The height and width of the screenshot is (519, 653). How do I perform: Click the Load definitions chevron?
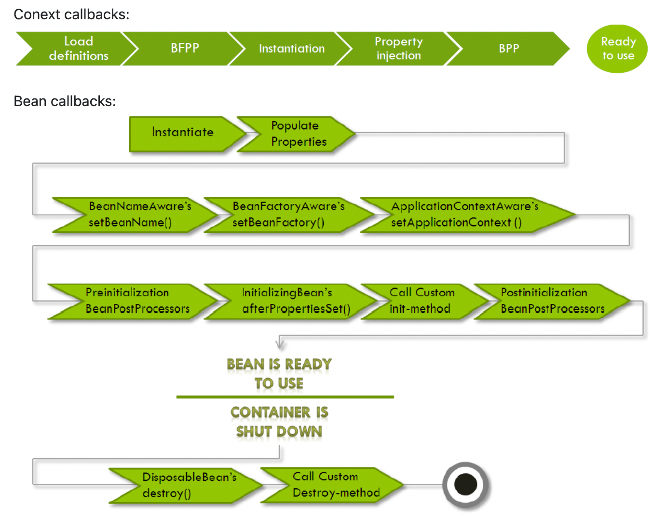point(77,49)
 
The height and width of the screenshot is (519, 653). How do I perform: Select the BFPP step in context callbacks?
point(185,49)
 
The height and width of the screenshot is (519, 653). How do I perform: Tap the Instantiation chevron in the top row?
point(292,49)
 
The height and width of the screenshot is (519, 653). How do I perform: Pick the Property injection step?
point(398,49)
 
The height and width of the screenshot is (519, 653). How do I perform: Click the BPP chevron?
point(509,49)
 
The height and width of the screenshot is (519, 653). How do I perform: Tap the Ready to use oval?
point(617,49)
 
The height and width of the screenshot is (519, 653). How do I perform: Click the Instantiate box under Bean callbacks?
point(183,133)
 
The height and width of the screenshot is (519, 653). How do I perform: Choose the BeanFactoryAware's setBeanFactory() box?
point(288,215)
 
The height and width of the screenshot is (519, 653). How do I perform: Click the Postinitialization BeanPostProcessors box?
point(552,301)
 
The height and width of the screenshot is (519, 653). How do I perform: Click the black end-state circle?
point(466,484)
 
